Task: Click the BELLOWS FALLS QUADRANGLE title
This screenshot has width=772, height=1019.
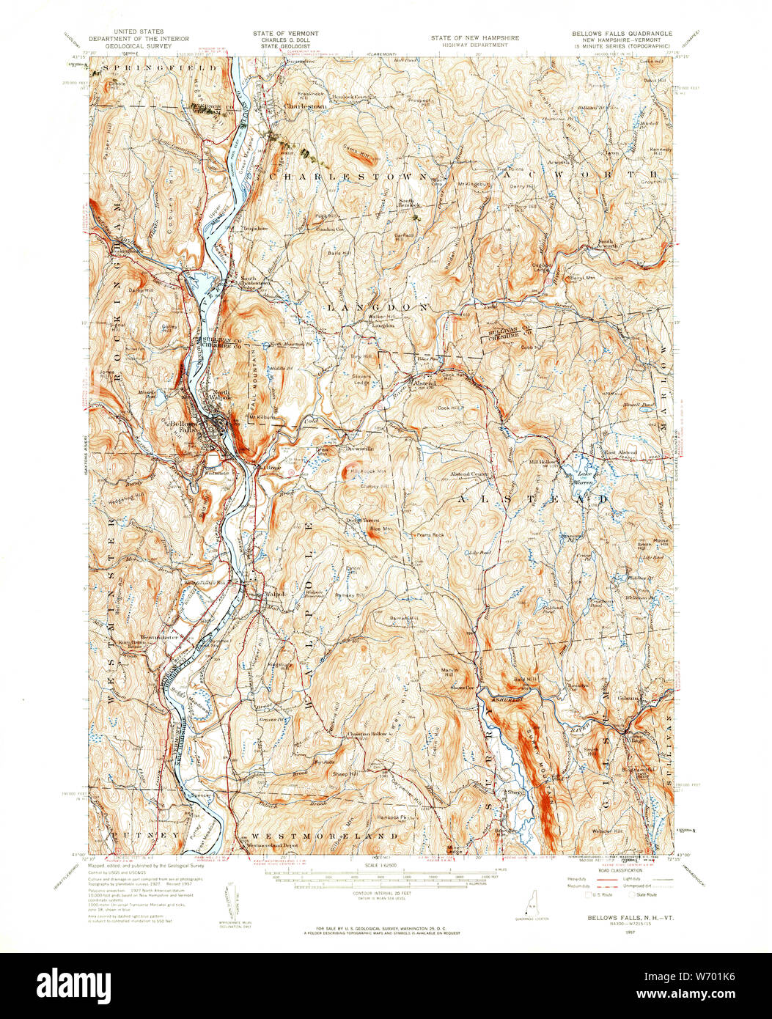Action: pos(622,34)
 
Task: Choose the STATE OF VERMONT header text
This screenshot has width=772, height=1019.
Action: pos(286,34)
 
